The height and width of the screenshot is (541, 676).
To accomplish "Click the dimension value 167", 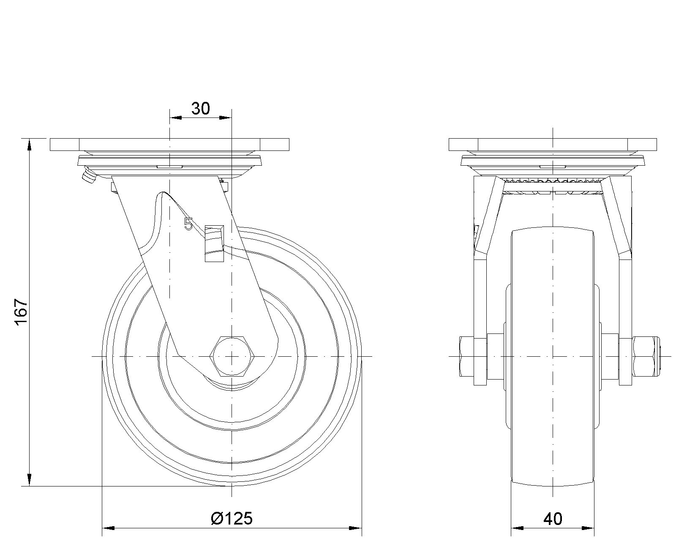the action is (x=22, y=312).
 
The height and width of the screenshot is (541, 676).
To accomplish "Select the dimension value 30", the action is (x=200, y=109).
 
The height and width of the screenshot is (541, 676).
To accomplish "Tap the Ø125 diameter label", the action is (x=232, y=519).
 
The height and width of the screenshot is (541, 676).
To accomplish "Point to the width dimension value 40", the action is (x=553, y=519).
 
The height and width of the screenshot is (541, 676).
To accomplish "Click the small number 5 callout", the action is (x=188, y=224).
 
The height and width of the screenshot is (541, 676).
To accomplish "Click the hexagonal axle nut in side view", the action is (x=232, y=356).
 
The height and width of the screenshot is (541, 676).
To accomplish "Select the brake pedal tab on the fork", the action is (x=214, y=243).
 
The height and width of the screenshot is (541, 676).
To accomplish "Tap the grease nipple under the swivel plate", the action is (x=89, y=176).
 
